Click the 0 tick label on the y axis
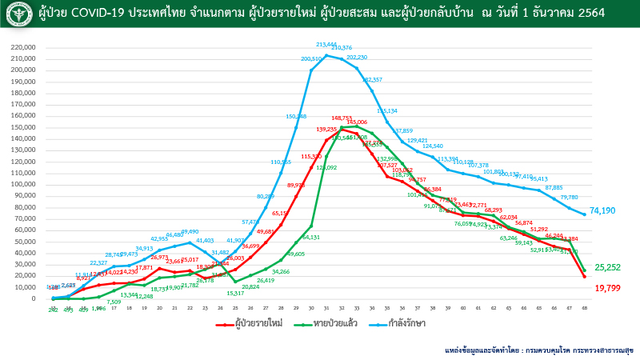tap(34, 299)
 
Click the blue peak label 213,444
tap(326, 45)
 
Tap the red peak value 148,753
tap(342, 118)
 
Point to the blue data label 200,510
tap(311, 59)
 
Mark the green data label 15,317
tap(234, 293)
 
